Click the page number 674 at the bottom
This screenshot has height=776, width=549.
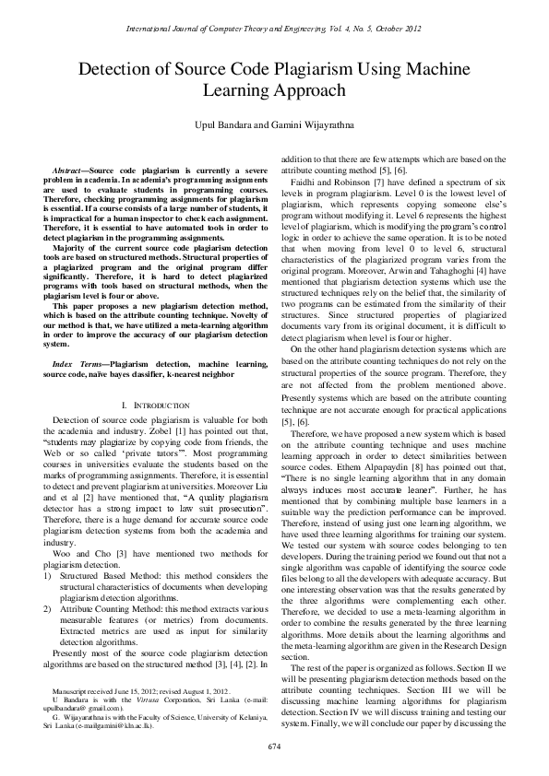[274, 745]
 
